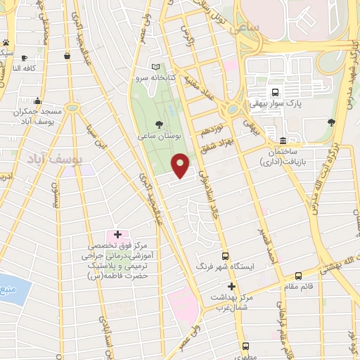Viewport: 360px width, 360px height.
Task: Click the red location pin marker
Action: [181, 165]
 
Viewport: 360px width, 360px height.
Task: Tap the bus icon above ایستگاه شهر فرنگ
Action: [225, 256]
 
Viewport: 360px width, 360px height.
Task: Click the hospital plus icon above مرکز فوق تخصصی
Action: [117, 233]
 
